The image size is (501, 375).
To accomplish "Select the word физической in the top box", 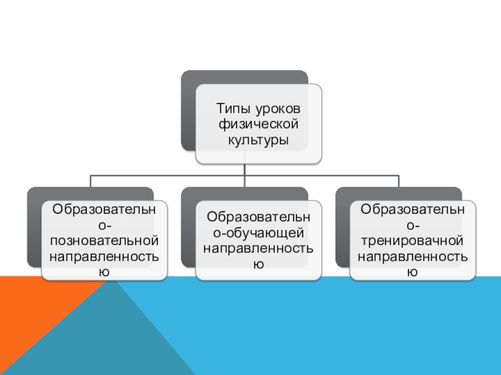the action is pyautogui.click(x=258, y=124).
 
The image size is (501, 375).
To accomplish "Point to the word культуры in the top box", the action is pyautogui.click(x=258, y=140).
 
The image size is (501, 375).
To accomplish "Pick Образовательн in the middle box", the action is pyautogui.click(x=258, y=217).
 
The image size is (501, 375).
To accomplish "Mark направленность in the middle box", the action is pyautogui.click(x=258, y=248).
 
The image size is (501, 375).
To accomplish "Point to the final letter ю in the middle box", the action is pyautogui.click(x=258, y=264).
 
